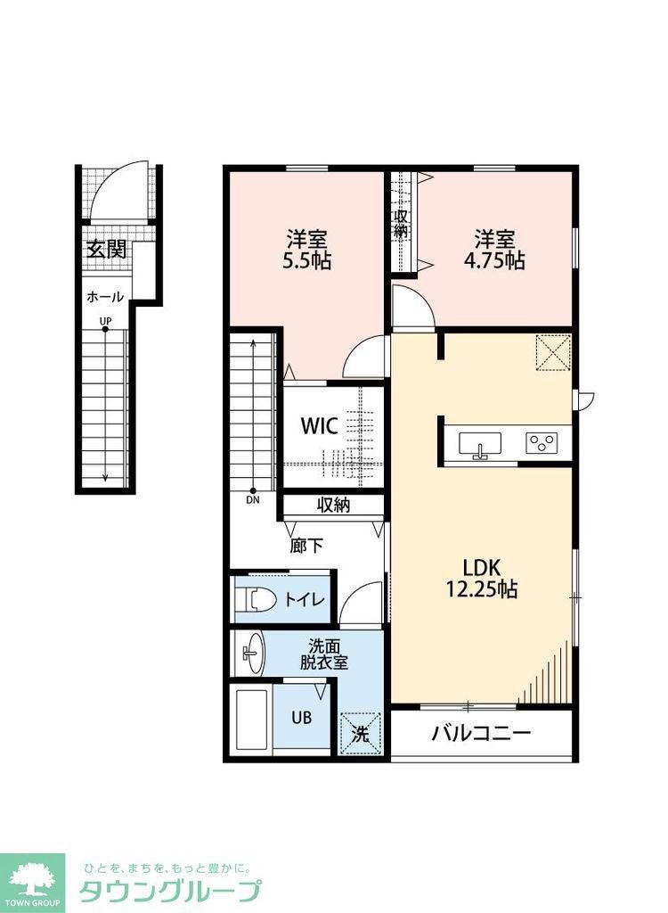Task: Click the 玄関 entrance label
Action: coord(107,250)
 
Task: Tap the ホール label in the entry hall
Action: coord(105,297)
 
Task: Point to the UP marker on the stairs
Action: coord(105,320)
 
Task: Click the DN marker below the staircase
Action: coord(253,499)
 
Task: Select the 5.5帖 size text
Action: coord(306,260)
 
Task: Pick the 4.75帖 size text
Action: coord(494,260)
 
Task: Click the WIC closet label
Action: coord(319,425)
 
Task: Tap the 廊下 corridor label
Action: coord(306,546)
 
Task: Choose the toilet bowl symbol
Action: coord(257,599)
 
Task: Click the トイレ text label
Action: coord(305,599)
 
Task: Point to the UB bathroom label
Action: coord(301,718)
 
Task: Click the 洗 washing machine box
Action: coord(360,734)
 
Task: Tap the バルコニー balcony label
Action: coord(481,733)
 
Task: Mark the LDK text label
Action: coord(482,566)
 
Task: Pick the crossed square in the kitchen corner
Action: coord(553,352)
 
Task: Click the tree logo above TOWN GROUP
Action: coord(33,878)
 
